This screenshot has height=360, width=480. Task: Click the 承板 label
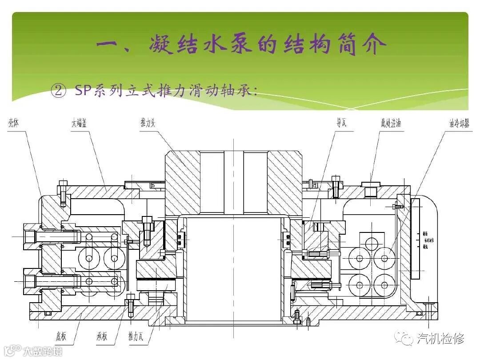tap(100, 336)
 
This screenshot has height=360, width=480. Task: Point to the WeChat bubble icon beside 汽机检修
tap(406, 339)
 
